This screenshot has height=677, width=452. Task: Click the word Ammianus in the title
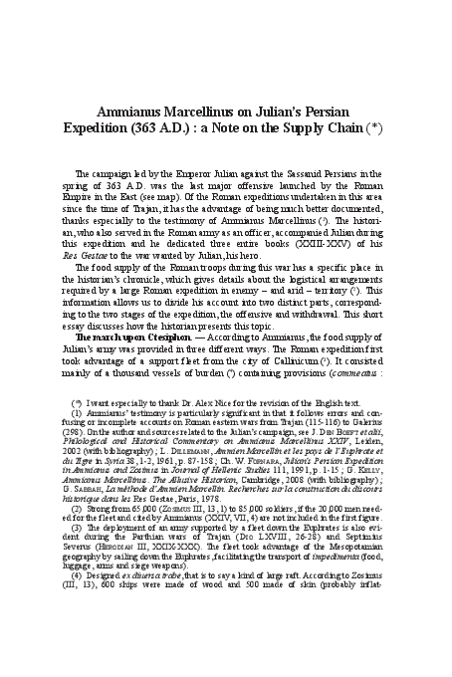coord(135,113)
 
